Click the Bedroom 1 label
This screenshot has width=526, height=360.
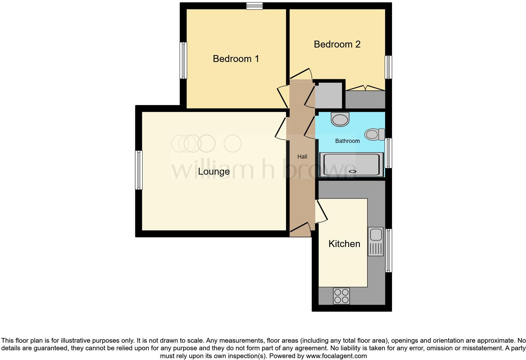pyautogui.click(x=236, y=59)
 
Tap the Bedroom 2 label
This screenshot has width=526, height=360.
pyautogui.click(x=337, y=44)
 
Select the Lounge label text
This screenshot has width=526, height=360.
pyautogui.click(x=214, y=172)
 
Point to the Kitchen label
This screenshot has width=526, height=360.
pyautogui.click(x=344, y=244)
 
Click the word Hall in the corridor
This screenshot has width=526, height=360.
pyautogui.click(x=302, y=157)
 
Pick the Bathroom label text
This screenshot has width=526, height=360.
pyautogui.click(x=347, y=141)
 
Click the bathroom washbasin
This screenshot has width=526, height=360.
pyautogui.click(x=340, y=120)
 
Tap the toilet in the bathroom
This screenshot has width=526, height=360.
pyautogui.click(x=374, y=134)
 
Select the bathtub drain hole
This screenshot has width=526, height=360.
pyautogui.click(x=352, y=172)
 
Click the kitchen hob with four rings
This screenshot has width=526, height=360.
pyautogui.click(x=341, y=296)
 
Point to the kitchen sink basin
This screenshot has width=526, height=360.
pyautogui.click(x=376, y=235)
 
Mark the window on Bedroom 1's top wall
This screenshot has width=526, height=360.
pyautogui.click(x=254, y=6)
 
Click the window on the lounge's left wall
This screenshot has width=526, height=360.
pyautogui.click(x=139, y=170)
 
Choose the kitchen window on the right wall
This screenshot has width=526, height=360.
pyautogui.click(x=389, y=250)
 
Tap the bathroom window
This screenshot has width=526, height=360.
pyautogui.click(x=389, y=153)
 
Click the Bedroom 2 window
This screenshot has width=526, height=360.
pyautogui.click(x=389, y=67)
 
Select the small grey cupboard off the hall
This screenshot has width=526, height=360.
pyautogui.click(x=328, y=95)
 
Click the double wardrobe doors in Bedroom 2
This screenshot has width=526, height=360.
pyautogui.click(x=365, y=88)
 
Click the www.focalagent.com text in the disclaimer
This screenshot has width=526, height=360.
pyautogui.click(x=336, y=356)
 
